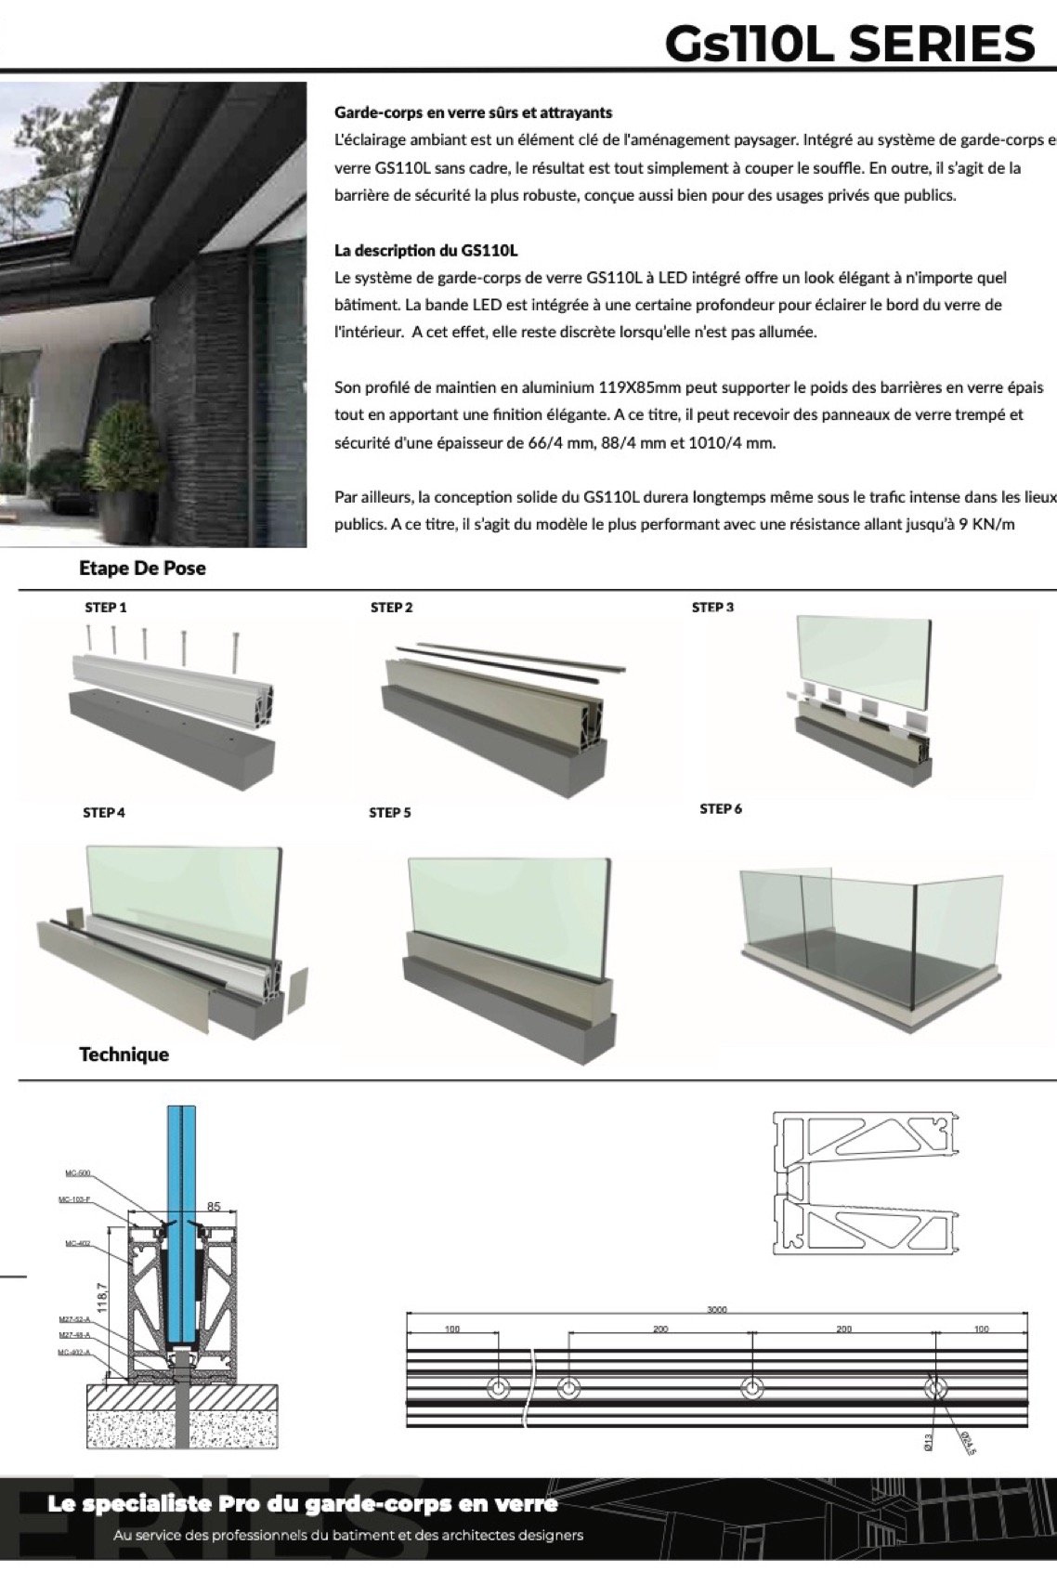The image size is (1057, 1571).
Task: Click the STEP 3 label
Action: point(712,608)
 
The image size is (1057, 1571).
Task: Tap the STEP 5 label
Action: point(389,813)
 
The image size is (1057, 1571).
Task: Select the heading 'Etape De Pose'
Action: point(142,569)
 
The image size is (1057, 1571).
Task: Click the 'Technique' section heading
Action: point(124,1054)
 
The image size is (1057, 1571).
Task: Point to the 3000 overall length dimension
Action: point(716,1310)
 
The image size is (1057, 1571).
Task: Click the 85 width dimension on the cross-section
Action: point(214,1207)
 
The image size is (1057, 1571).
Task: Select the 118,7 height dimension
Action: point(102,1298)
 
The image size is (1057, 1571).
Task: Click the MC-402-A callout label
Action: point(73,1353)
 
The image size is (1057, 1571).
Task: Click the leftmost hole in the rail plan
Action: point(499,1389)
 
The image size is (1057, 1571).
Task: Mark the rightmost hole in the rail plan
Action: point(935,1389)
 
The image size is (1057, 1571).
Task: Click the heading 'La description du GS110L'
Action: point(425,251)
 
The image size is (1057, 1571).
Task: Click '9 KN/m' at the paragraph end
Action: point(986,524)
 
